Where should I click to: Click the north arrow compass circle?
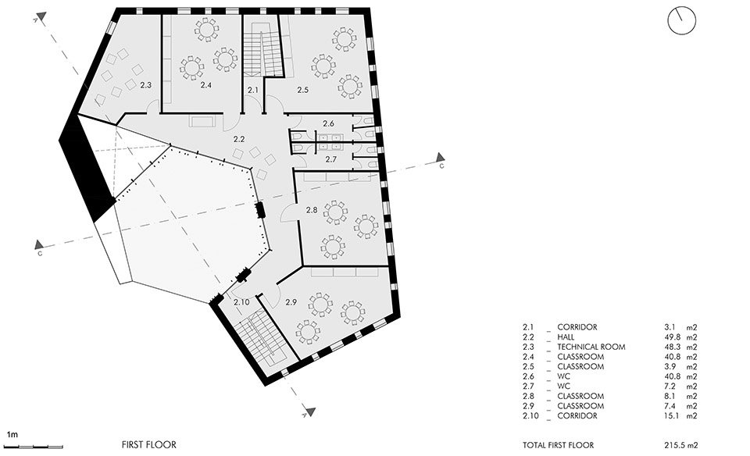point(680,21)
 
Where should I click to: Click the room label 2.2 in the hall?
point(239,138)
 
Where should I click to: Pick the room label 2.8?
point(311,210)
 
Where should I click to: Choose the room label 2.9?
point(291,301)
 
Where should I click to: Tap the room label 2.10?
point(241,301)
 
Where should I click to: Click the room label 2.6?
point(329,123)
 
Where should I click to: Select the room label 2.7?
point(330,159)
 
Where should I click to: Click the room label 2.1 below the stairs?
point(252,91)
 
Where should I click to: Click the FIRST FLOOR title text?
point(148,444)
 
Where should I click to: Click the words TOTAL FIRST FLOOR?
point(559,444)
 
